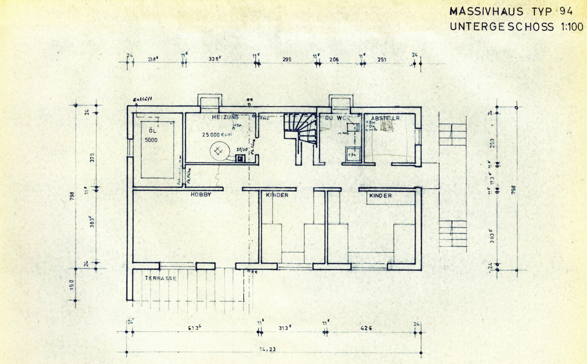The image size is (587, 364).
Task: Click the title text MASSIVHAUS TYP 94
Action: [511, 12]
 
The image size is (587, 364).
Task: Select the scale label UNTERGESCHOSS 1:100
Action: [516, 26]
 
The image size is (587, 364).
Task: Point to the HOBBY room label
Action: [201, 194]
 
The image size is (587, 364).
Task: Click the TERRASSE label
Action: [160, 278]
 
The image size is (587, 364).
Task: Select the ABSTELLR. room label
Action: [384, 118]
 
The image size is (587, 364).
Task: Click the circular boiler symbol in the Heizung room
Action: [218, 150]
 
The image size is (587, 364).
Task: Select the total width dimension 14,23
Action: [267, 349]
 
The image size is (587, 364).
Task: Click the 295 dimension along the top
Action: [287, 59]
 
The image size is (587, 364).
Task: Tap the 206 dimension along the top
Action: [334, 59]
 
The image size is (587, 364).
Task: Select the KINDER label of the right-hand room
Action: [380, 195]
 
